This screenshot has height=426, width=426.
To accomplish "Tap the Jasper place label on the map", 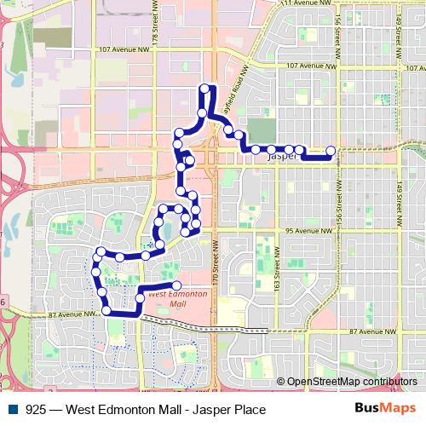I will coord(281,158).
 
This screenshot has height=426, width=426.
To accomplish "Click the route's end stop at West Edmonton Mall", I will coord(177,285).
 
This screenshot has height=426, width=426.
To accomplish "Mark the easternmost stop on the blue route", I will coord(331,152).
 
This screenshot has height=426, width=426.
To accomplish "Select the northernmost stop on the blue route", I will coord(204,89).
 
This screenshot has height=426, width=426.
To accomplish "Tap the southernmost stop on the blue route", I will coord(106,311).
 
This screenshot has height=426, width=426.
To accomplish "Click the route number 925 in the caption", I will coord(36,409).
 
